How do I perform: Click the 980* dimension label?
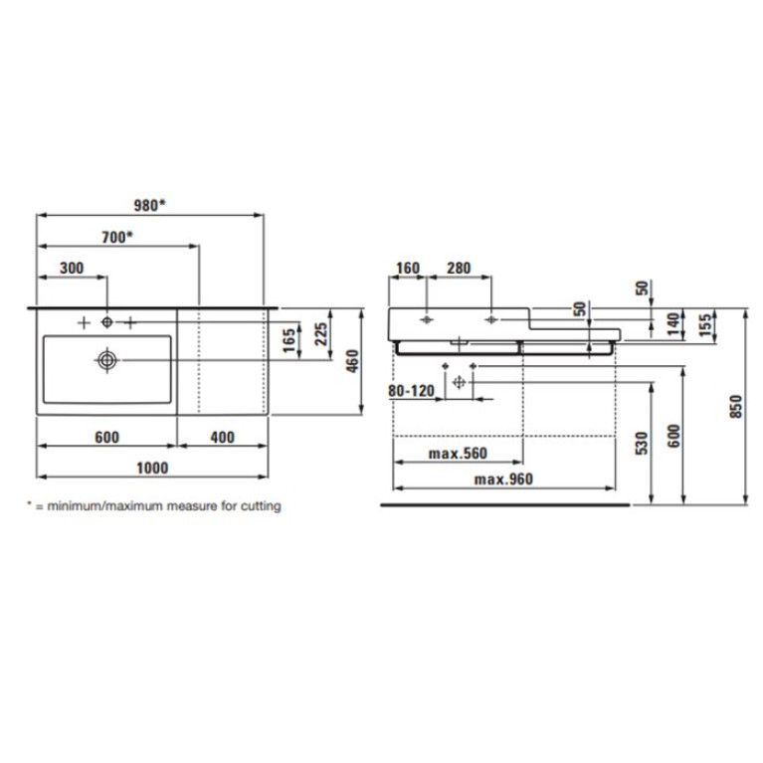tap(149, 205)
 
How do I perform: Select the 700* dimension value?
tap(117, 237)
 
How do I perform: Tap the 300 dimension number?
tap(72, 268)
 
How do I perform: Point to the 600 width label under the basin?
tap(106, 437)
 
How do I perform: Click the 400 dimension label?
tap(223, 437)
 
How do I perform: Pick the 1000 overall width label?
tap(152, 468)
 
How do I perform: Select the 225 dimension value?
tap(321, 334)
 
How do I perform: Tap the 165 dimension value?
tap(289, 340)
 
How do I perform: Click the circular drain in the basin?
tap(107, 360)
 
